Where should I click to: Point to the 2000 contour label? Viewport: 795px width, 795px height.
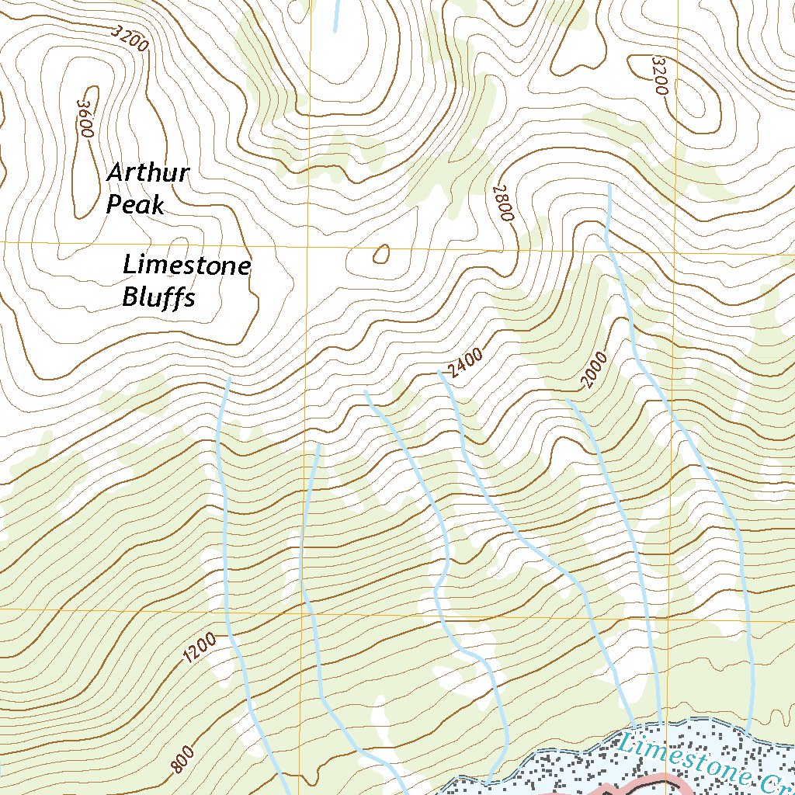595,370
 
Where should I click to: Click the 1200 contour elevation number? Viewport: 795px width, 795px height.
200,648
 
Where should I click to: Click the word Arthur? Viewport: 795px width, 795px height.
148,172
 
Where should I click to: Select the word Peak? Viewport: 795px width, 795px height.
135,205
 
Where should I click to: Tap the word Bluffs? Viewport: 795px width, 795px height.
158,297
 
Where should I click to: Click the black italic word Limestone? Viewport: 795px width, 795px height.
186,266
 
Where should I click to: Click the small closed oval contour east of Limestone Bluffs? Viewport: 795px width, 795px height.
380,254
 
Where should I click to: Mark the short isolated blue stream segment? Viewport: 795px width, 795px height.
336,16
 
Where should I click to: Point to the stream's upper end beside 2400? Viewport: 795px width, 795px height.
440,373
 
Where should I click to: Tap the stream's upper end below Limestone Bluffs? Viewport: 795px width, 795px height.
228,379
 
